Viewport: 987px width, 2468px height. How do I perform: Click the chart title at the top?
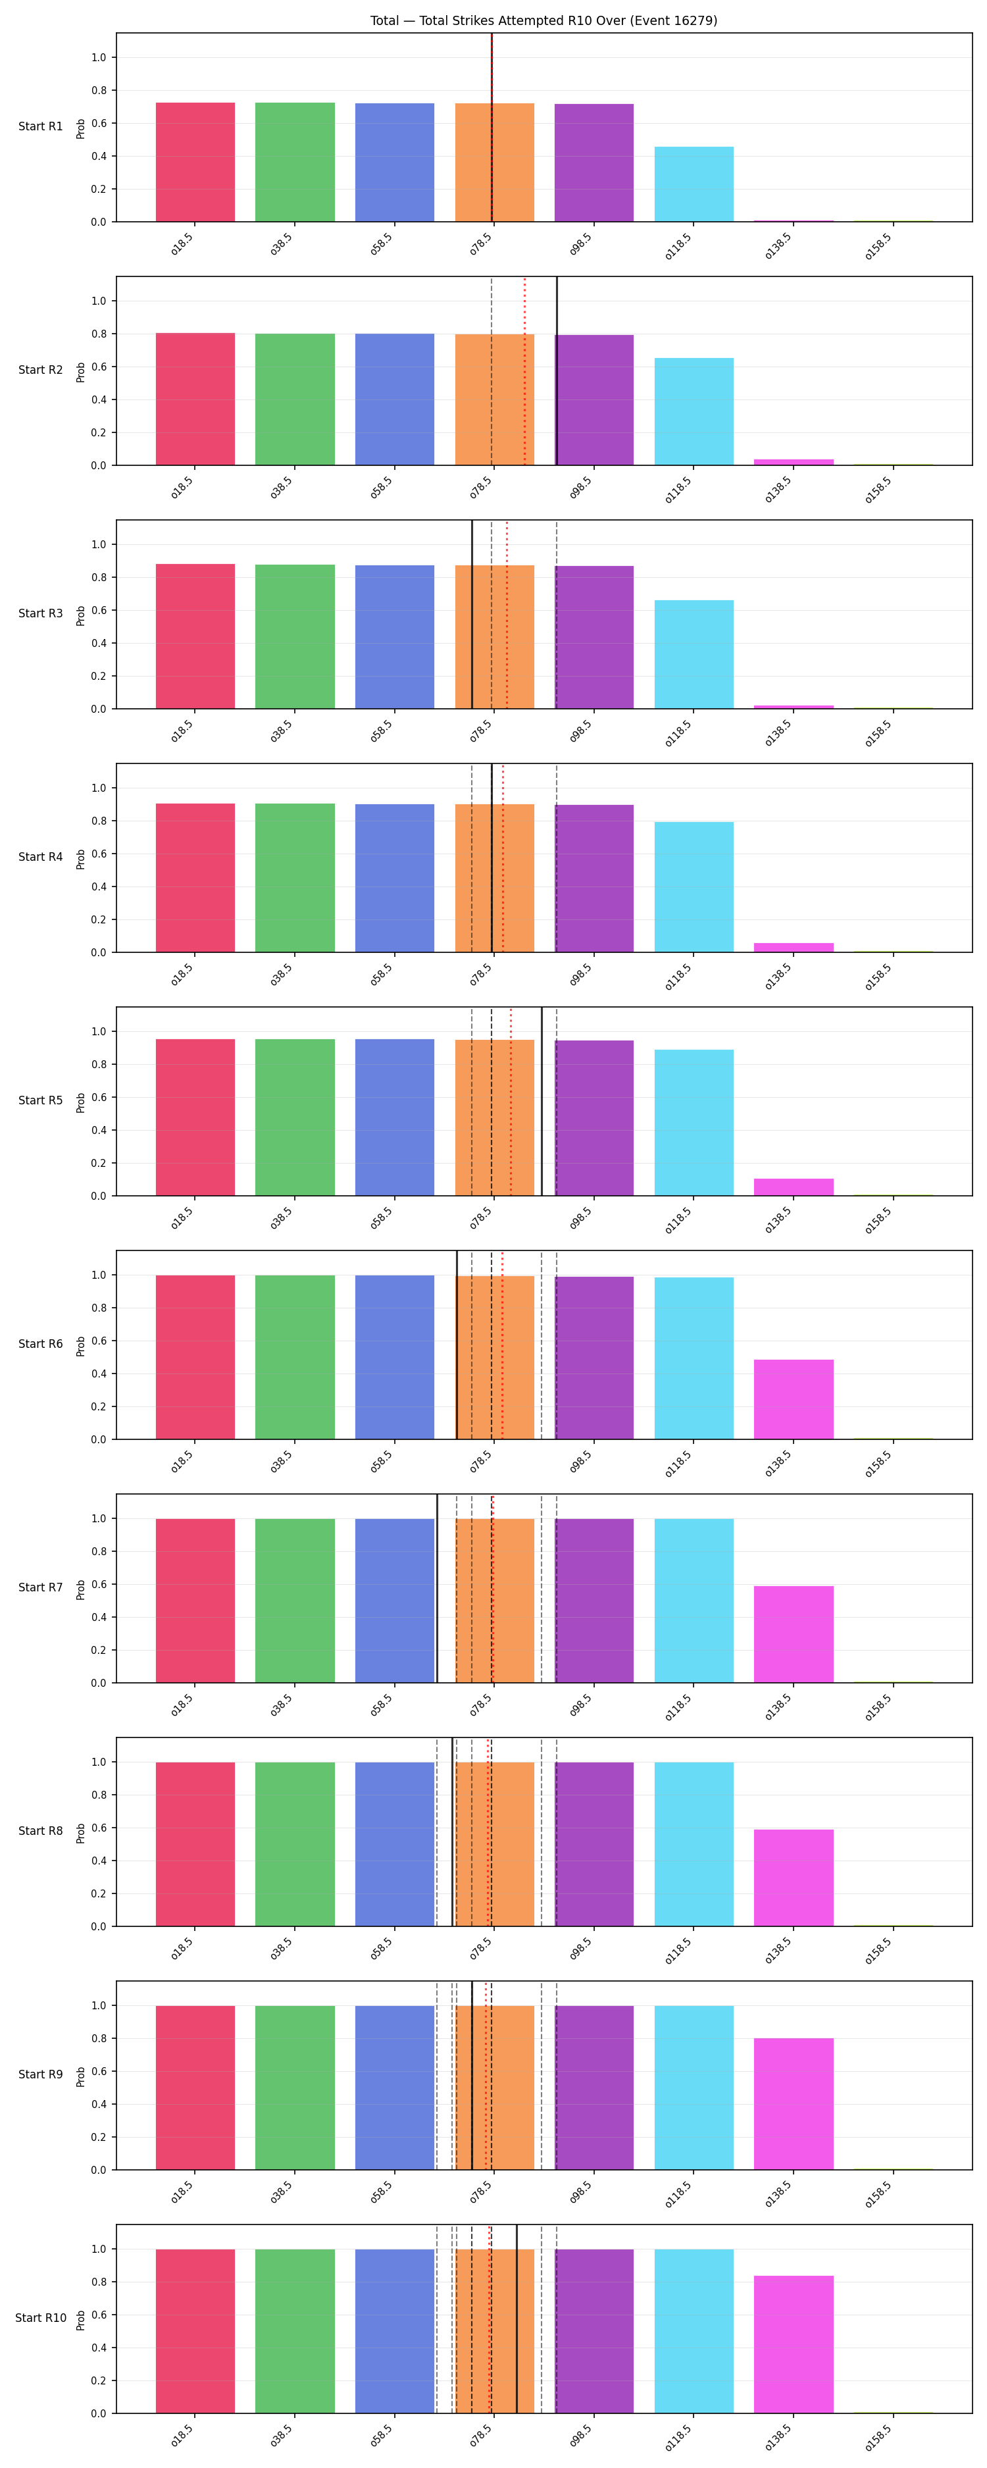[544, 20]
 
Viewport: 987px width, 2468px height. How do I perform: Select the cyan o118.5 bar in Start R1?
[694, 184]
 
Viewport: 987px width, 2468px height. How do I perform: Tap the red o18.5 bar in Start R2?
[195, 399]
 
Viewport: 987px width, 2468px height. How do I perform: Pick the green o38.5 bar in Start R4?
[295, 877]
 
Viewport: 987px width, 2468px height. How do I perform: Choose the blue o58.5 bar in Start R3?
[395, 637]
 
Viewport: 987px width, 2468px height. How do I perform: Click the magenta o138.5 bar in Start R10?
[794, 2344]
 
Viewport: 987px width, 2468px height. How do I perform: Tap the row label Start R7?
[40, 1587]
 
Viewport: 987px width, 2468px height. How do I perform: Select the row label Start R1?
[40, 126]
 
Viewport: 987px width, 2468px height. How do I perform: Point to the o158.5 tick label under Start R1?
[878, 246]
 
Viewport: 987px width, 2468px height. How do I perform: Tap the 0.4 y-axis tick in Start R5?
[98, 1131]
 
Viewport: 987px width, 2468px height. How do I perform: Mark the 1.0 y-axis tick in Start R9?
[98, 2005]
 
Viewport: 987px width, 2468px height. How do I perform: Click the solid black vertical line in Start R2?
[557, 371]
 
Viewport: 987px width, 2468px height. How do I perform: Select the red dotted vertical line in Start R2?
[524, 371]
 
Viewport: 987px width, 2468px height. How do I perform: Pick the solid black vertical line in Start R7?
[437, 1589]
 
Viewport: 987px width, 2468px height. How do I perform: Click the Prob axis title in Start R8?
[80, 1832]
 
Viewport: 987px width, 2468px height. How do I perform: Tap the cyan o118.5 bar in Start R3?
[694, 654]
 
